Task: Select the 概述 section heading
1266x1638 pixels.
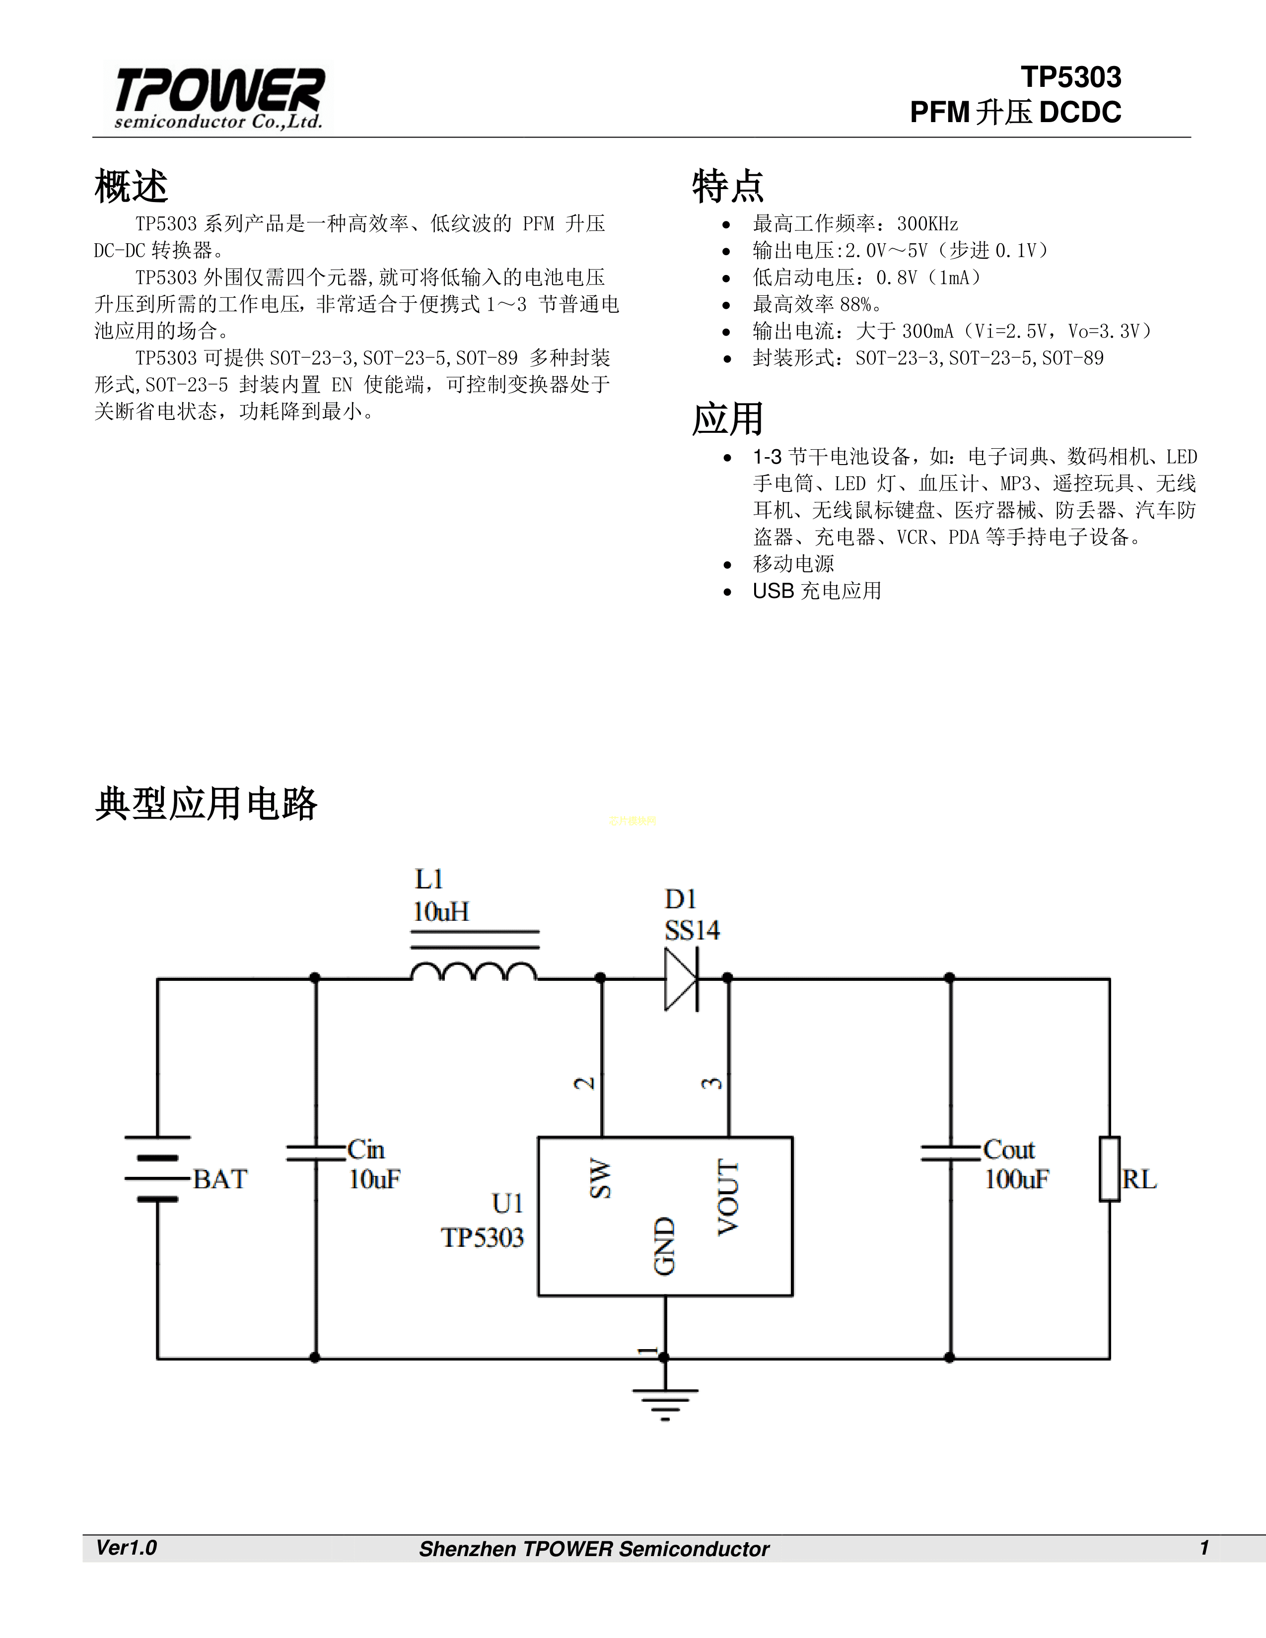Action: [131, 186]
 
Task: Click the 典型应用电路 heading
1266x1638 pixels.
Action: [206, 803]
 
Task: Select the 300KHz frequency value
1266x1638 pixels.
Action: [928, 223]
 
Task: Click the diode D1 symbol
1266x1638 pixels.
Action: [682, 978]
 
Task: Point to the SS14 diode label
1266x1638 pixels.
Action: [692, 931]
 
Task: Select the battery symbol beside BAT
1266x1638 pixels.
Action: [157, 1168]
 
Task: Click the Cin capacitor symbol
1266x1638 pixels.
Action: [316, 1153]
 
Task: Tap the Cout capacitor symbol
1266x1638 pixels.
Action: [950, 1153]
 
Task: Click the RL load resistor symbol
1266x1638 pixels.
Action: [1110, 1168]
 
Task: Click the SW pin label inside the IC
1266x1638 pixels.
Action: [600, 1178]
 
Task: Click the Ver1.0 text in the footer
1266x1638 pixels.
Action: [126, 1547]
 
